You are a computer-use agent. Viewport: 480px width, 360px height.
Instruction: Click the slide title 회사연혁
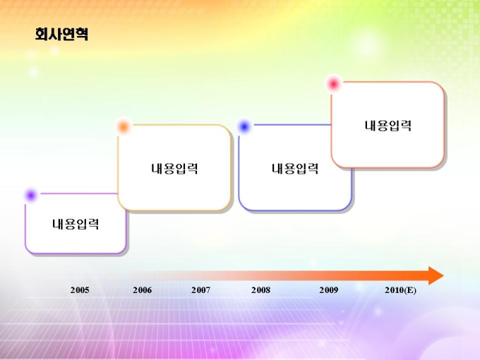(x=61, y=34)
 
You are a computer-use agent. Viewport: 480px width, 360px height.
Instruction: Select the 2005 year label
(x=80, y=290)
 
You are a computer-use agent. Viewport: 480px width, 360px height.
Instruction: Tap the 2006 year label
(x=142, y=290)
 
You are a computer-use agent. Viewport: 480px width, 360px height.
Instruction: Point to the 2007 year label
(x=200, y=290)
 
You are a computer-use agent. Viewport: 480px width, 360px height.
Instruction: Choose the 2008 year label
(x=260, y=290)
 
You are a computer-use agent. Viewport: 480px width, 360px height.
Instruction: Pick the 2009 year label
(x=329, y=290)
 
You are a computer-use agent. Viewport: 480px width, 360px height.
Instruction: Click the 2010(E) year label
(x=400, y=290)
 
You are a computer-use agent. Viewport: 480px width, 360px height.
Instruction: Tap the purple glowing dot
(x=31, y=195)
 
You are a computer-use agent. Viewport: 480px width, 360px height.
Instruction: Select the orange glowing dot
(x=123, y=126)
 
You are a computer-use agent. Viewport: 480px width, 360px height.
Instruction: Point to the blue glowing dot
(x=244, y=126)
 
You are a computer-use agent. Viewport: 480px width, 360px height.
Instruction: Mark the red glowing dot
(x=333, y=83)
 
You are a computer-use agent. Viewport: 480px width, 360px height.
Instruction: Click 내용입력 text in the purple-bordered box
(x=76, y=224)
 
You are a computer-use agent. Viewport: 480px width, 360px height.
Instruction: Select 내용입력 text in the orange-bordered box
(x=174, y=169)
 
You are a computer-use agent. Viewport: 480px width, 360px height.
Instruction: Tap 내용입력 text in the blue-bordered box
(x=295, y=169)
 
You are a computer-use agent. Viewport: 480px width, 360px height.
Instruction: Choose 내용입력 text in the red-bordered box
(x=388, y=126)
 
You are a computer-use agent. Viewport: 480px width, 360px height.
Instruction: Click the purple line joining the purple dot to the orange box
(x=78, y=193)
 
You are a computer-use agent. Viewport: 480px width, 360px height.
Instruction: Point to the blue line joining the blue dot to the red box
(x=292, y=125)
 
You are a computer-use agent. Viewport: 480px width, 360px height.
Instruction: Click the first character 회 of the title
(x=42, y=34)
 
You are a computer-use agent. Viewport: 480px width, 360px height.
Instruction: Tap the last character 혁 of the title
(x=82, y=34)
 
